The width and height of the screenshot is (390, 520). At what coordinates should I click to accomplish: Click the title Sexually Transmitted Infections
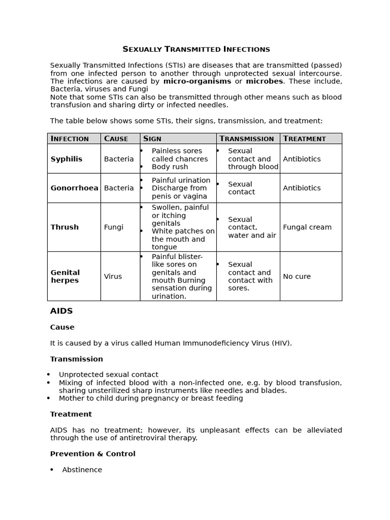tap(196, 49)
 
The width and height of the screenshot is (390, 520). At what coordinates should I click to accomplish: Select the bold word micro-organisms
tap(197, 81)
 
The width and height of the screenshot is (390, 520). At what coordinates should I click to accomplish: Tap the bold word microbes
tap(265, 81)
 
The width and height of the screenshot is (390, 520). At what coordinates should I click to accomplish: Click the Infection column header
tap(70, 139)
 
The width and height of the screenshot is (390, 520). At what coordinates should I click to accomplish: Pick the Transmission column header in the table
tap(247, 139)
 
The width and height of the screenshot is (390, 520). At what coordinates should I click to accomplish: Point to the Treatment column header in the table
tap(304, 139)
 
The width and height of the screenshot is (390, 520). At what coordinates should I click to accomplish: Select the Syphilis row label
tap(66, 159)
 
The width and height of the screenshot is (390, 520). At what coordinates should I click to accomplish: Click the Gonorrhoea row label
tap(74, 188)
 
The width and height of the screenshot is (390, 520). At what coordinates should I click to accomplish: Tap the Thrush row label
tap(64, 227)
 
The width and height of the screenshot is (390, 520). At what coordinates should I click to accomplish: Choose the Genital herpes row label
tap(65, 276)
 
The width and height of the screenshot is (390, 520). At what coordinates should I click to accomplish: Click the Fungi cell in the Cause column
tap(113, 227)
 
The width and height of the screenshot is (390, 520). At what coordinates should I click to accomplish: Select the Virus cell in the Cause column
tap(113, 276)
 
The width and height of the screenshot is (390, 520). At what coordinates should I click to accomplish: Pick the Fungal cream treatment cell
tap(307, 227)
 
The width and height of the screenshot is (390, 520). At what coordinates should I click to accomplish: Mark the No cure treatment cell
tap(297, 276)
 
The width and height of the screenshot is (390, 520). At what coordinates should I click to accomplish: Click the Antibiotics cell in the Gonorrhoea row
tap(302, 188)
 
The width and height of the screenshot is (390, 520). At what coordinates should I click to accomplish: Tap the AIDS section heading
tap(61, 311)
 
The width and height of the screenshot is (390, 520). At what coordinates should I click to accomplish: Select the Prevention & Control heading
tap(92, 453)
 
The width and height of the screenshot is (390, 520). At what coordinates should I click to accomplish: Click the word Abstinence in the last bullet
tap(82, 470)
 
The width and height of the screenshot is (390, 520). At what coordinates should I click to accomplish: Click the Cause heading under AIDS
tap(62, 327)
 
